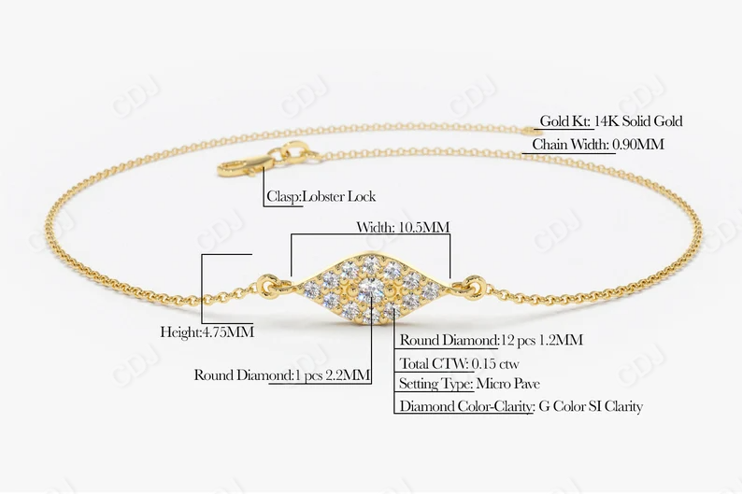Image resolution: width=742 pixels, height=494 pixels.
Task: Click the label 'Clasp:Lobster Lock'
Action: coord(321,197)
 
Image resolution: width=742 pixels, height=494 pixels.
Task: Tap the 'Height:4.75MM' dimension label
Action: coord(207,332)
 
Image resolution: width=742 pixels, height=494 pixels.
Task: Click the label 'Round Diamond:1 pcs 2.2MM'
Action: coord(282,375)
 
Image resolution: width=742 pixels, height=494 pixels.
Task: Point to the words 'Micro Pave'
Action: coord(507,384)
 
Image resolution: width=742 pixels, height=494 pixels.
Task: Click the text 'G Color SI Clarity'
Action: coord(591,406)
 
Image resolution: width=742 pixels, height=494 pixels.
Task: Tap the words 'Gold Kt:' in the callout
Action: coord(564,121)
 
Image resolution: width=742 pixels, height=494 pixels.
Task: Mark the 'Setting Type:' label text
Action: coord(435,384)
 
